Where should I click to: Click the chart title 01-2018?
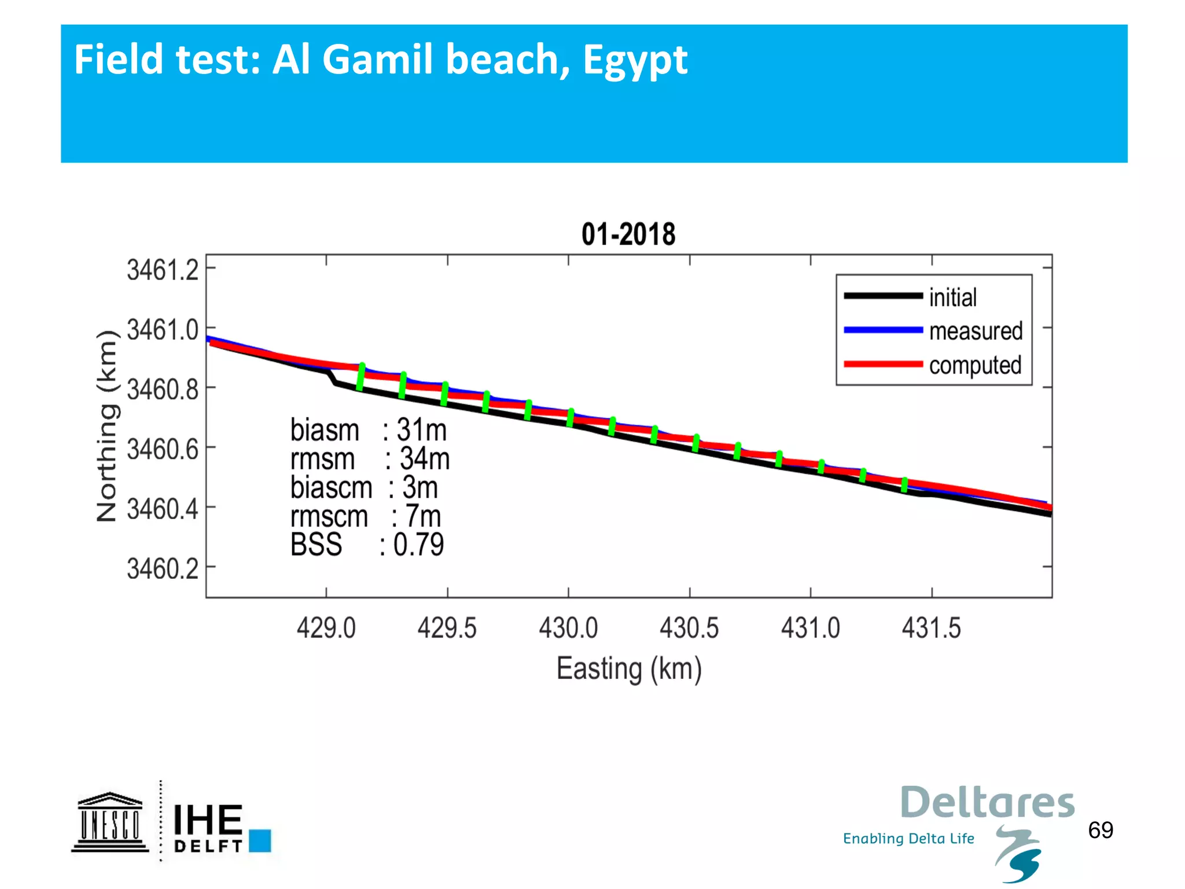coord(628,235)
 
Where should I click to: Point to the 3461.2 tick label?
coord(163,270)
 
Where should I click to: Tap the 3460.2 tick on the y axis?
coord(163,569)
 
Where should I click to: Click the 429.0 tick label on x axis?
coord(326,628)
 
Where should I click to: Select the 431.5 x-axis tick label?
coord(931,628)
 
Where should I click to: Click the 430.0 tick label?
coord(568,628)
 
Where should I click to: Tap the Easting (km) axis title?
coord(629,669)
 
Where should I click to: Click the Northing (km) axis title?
coord(108,426)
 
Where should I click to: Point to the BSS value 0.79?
coord(418,545)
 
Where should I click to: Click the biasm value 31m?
coord(421,430)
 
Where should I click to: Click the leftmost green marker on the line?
coord(360,377)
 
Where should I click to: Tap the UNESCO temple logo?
coord(109,822)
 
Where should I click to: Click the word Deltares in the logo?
coord(987,803)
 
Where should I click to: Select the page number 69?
coord(1100,830)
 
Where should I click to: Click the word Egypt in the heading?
coord(635,60)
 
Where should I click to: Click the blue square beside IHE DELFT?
coord(260,840)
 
